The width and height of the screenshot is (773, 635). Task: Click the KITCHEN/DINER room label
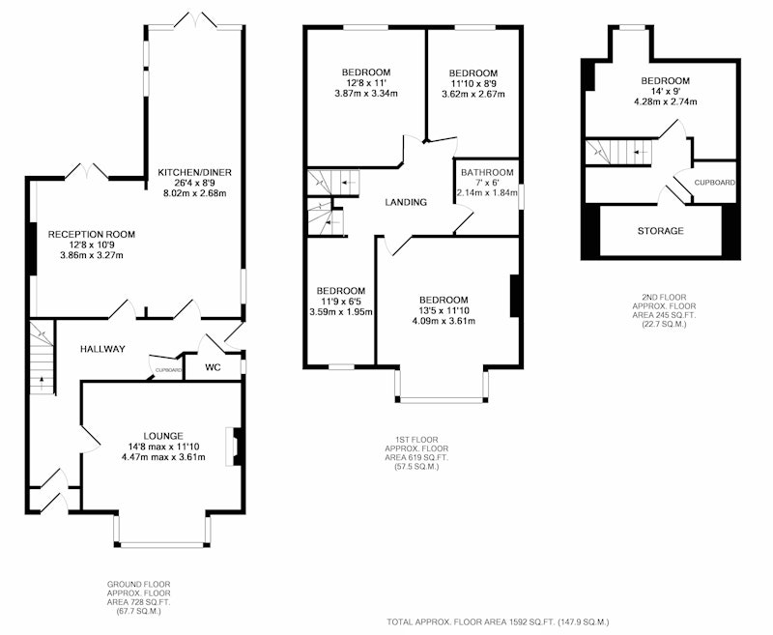click(194, 173)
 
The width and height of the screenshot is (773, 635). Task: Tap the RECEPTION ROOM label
click(91, 235)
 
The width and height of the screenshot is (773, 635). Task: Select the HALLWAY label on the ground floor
click(102, 349)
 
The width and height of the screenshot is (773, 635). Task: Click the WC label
click(213, 367)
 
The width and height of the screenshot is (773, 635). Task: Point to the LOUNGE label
click(163, 436)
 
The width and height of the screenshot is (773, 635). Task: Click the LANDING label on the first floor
click(406, 202)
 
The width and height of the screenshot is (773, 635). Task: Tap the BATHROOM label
click(487, 173)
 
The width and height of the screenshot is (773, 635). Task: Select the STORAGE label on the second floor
click(661, 231)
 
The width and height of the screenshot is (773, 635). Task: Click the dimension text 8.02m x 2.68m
click(194, 193)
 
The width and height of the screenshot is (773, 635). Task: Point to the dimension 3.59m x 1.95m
click(341, 311)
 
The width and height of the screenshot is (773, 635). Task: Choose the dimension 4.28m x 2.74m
click(665, 101)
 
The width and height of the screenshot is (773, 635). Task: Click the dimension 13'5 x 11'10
click(444, 310)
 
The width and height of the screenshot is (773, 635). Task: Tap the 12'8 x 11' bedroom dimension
click(366, 83)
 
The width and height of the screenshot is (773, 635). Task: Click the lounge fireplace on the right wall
click(234, 447)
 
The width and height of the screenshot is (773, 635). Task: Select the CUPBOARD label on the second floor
click(714, 183)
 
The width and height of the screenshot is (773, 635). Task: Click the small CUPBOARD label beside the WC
click(168, 370)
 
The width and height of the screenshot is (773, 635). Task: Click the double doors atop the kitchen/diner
click(196, 19)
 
